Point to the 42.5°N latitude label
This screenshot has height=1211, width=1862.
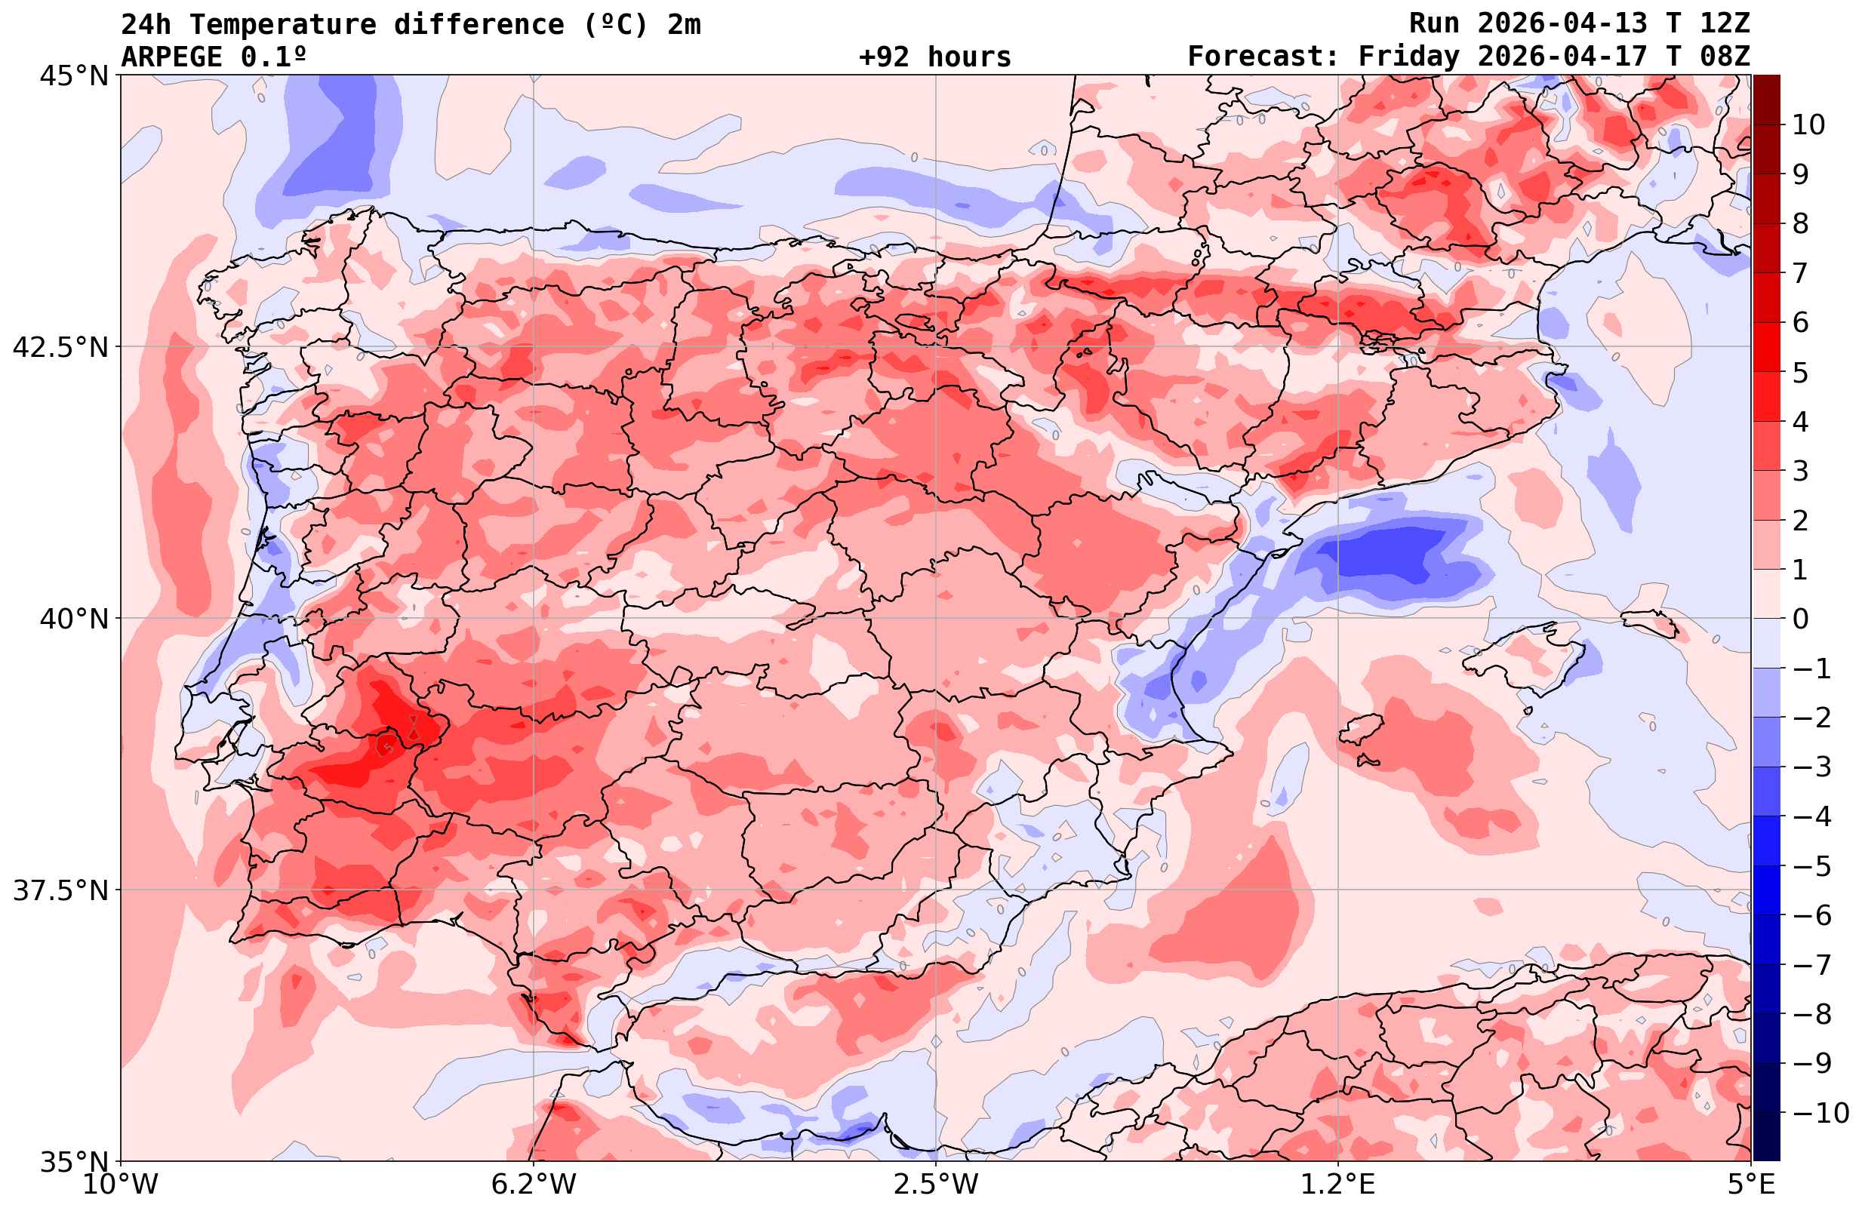coord(60,347)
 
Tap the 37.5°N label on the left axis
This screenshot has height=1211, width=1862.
coord(60,890)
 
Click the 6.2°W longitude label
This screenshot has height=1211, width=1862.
coord(534,1185)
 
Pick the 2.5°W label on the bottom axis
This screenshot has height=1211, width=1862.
coord(936,1185)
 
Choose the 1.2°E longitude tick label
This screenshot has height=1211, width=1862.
coord(1338,1185)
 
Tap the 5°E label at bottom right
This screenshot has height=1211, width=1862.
coord(1751,1185)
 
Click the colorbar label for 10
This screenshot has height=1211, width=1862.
coord(1809,124)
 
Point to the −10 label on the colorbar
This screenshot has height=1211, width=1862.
coord(1820,1111)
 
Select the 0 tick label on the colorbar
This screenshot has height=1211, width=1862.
coord(1800,619)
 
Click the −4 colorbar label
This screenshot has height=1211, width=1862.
coord(1811,816)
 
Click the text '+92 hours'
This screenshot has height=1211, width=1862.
coord(935,57)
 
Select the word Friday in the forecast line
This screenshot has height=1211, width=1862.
coord(1409,57)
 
